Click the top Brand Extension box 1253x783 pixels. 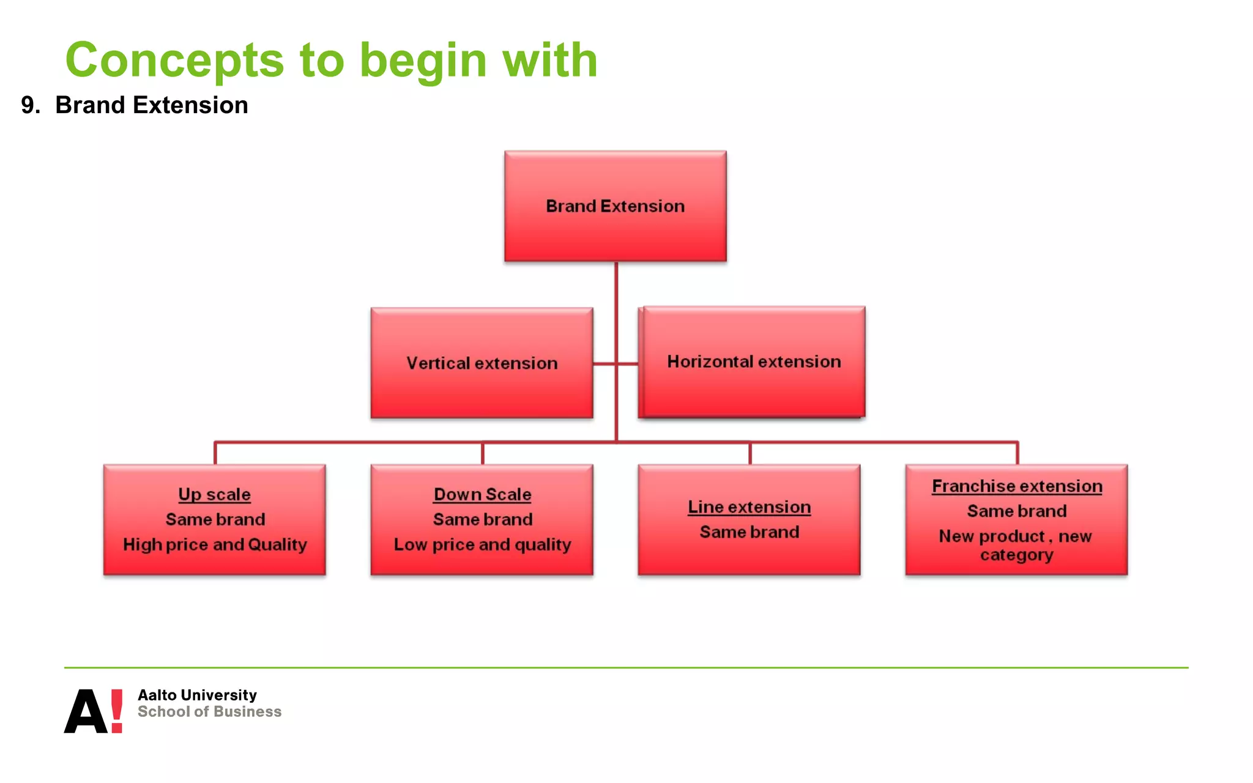[x=615, y=206]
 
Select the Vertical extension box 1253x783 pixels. [x=481, y=363]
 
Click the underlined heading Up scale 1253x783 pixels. [x=214, y=494]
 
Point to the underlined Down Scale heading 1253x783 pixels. [x=482, y=494]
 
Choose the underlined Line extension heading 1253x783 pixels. [x=749, y=507]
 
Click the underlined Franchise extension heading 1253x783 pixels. [x=1017, y=486]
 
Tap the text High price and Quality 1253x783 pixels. [x=215, y=544]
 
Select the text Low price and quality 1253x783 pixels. [x=482, y=544]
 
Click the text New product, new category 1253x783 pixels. [x=1016, y=545]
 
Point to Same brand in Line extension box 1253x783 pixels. [x=749, y=532]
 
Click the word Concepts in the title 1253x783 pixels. [x=175, y=61]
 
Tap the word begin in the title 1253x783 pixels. [x=423, y=61]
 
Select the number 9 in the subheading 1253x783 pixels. [x=28, y=105]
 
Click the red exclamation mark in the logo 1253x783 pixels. [x=116, y=710]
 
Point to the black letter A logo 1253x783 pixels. [x=85, y=712]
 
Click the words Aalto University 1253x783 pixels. [x=197, y=695]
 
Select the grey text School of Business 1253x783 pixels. [x=209, y=711]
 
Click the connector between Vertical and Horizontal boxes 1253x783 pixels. [x=615, y=364]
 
